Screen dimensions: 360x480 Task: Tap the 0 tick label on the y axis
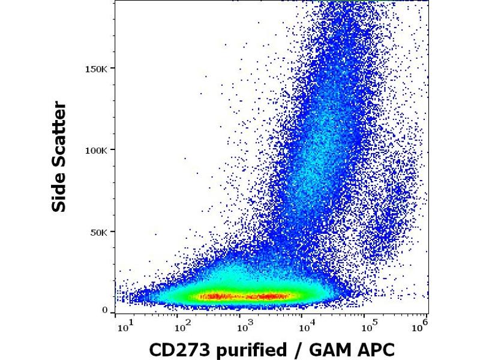104,310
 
